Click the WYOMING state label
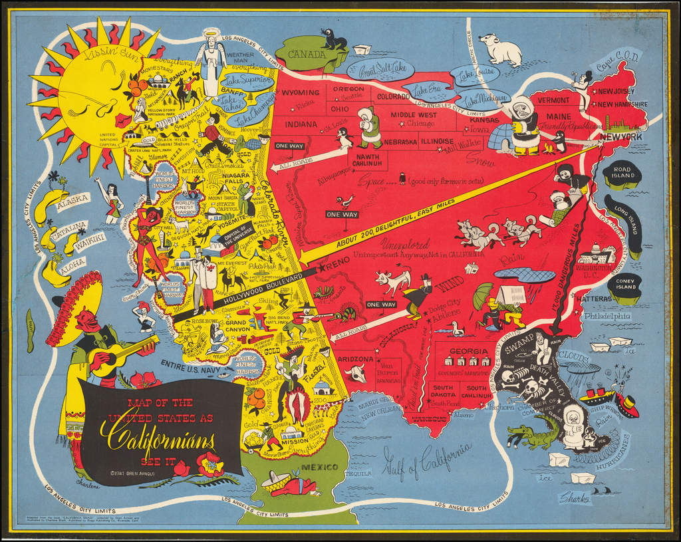click(301, 92)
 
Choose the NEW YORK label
click(620, 137)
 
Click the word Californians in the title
click(158, 438)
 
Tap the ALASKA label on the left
click(72, 199)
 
